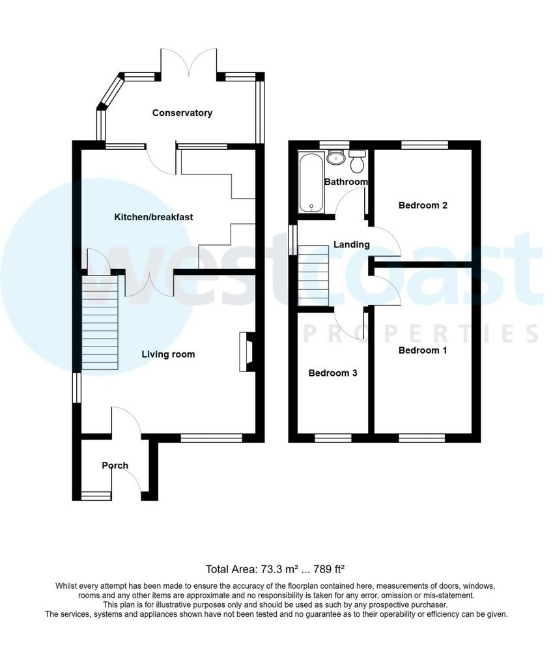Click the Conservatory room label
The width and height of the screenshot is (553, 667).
click(182, 113)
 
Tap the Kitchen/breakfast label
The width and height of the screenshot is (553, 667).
click(154, 217)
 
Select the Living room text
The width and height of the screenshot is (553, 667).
click(168, 354)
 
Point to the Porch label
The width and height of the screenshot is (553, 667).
click(115, 465)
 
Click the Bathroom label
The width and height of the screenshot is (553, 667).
click(346, 182)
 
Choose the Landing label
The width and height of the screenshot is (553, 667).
click(351, 244)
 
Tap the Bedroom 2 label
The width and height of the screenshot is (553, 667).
click(423, 205)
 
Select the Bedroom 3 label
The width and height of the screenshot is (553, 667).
click(333, 373)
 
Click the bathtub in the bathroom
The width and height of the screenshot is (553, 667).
click(312, 183)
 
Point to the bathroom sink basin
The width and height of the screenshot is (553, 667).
click(337, 157)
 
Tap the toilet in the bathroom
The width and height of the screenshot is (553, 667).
click(356, 161)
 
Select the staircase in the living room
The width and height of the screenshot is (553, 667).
click(100, 323)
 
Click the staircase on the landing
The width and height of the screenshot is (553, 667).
click(313, 276)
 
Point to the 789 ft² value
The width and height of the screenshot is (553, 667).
click(328, 569)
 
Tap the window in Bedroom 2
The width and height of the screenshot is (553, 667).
click(425, 145)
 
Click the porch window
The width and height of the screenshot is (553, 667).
click(96, 496)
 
